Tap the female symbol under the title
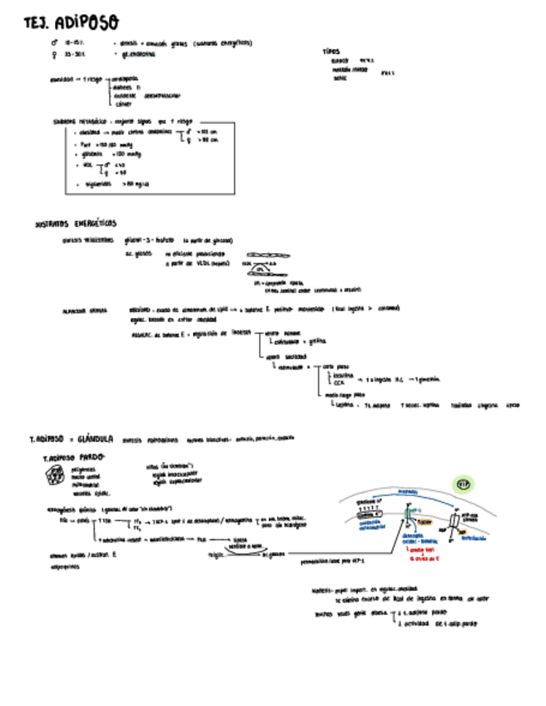coord(55,54)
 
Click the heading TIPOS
coord(331,51)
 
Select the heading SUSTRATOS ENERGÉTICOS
coord(76,224)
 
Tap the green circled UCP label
coord(463,485)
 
